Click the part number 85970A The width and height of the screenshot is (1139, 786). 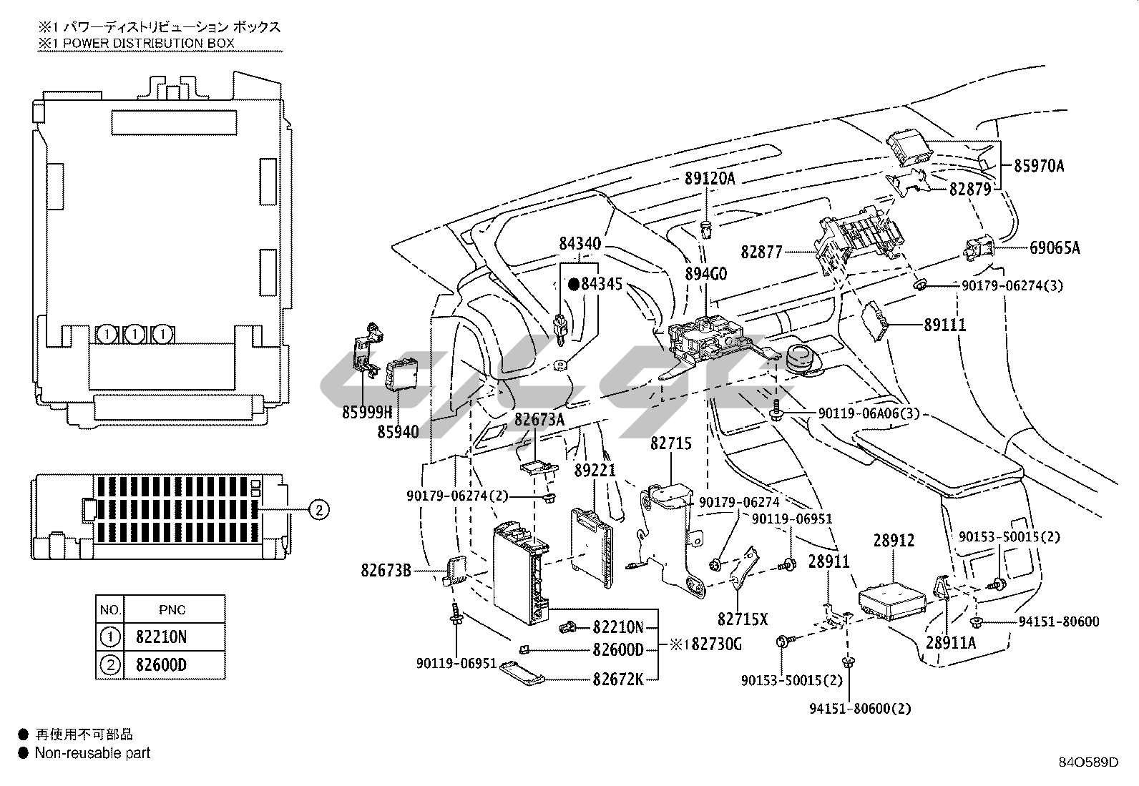coord(1039,166)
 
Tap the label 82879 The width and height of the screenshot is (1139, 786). coord(971,189)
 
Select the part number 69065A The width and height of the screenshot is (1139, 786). coord(1055,247)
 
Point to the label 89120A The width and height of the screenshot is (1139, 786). coord(710,179)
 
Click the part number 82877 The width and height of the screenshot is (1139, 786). coord(761,252)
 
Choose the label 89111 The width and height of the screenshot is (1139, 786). coord(945,325)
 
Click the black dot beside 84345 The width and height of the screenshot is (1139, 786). coord(574,285)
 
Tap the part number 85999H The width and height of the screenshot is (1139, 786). coord(367,413)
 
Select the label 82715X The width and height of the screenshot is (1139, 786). coord(743,619)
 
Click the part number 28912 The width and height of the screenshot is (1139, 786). coord(894,540)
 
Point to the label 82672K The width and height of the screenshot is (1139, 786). coord(618,679)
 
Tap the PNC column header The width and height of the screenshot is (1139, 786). coord(172,609)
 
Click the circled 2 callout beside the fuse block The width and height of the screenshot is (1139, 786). coord(319,509)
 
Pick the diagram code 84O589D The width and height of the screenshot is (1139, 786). coord(1089,762)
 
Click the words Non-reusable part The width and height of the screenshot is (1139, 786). coord(92,753)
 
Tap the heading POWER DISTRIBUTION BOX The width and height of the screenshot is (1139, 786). coord(149,43)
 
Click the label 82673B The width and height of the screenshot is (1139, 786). coord(386,571)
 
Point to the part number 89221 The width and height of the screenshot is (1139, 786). coord(595,471)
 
